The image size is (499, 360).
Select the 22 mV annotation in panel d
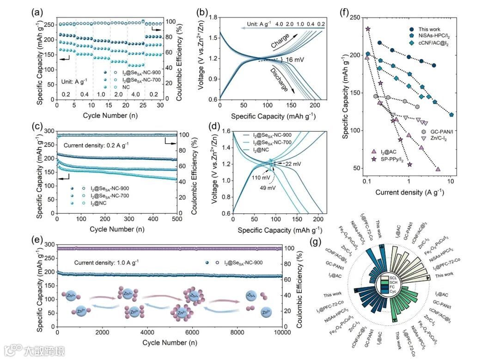coord(292,164)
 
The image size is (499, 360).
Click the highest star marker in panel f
coord(368,29)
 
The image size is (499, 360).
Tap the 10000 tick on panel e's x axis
coord(281,334)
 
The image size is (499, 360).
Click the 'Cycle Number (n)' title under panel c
coord(117,229)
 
